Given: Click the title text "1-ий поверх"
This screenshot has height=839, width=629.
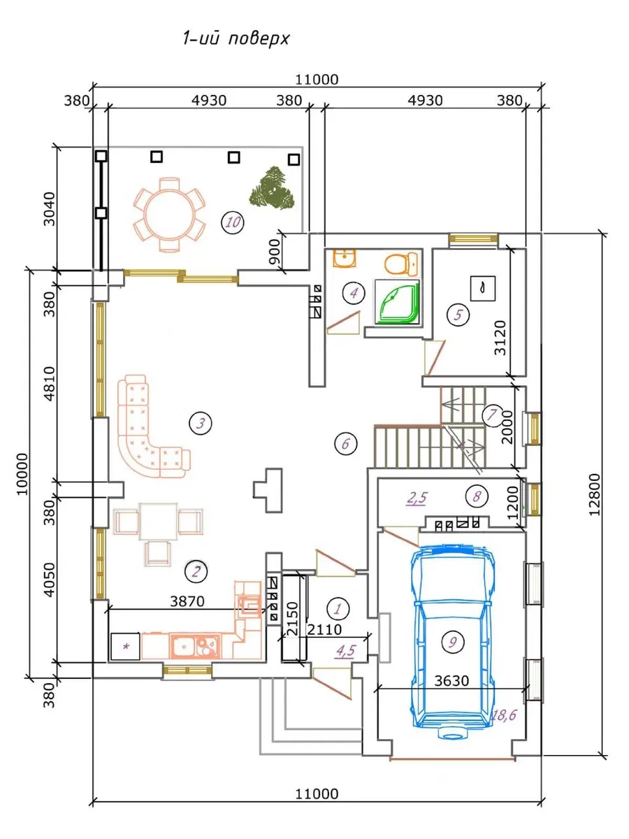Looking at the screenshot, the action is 236,39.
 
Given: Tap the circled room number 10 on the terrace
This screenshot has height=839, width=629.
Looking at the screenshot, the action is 233,222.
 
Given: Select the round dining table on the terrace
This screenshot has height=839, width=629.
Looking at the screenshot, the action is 169,215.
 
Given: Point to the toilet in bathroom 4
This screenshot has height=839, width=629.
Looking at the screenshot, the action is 401,264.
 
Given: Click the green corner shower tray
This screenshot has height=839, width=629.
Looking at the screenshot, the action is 397,302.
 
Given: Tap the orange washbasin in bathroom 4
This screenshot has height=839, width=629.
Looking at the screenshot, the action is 345,258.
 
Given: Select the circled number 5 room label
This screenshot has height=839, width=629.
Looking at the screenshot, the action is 458,315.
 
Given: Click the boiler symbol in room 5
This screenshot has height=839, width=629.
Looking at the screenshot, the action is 483,288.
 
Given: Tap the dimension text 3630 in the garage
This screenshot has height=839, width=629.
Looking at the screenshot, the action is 451,681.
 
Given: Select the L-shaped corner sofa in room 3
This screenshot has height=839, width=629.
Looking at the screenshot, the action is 149,430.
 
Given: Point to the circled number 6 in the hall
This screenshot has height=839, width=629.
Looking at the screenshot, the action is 346,444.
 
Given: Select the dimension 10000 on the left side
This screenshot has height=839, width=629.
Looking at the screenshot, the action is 23,474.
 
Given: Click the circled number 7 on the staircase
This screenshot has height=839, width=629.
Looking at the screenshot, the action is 491,415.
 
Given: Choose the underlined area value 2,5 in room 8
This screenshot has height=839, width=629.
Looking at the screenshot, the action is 417,499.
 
